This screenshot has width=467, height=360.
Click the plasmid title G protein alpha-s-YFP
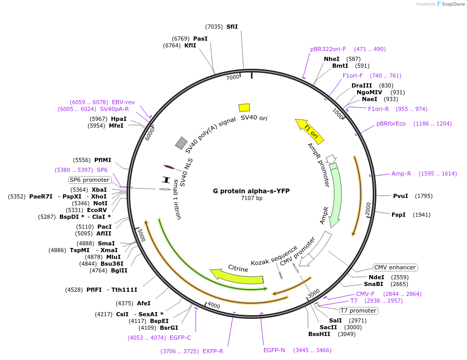251,191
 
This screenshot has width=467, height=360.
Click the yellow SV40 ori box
244,107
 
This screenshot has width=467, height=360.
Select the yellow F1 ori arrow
310,131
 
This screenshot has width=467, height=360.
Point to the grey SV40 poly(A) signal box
181,142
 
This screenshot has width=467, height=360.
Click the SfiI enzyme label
232,27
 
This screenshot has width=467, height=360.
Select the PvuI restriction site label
400,196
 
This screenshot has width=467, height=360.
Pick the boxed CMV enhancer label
395,267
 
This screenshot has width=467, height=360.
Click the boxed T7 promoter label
358,311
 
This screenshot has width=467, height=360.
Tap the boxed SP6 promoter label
90,180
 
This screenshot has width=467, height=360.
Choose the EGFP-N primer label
274,350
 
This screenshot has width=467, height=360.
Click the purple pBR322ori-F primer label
328,49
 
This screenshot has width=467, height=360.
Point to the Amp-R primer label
401,173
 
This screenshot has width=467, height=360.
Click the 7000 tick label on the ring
233,77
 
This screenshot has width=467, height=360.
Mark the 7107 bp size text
251,198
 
